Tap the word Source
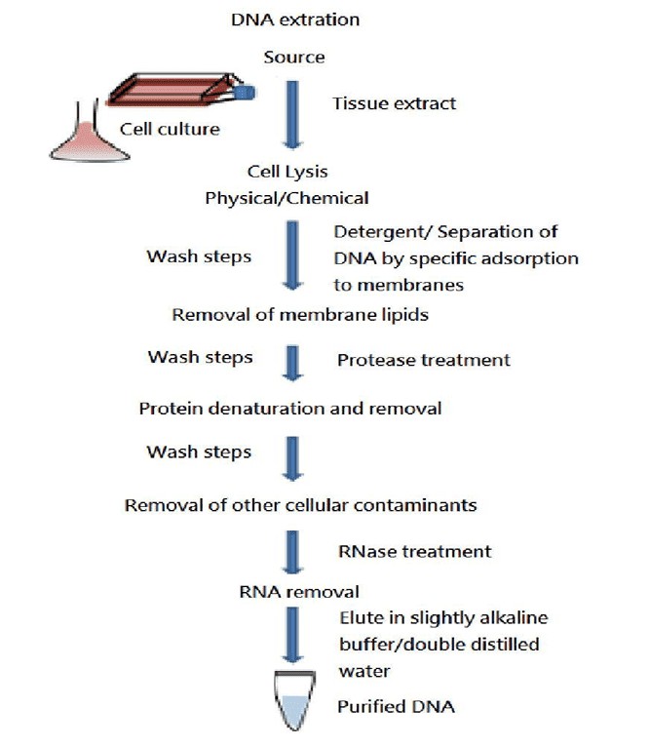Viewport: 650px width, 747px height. click(x=293, y=58)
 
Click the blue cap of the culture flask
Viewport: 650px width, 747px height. click(x=247, y=93)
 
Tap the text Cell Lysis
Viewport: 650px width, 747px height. click(x=287, y=174)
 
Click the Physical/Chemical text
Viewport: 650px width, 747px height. click(x=287, y=199)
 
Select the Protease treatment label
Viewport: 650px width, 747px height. click(x=423, y=360)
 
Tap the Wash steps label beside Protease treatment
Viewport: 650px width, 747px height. click(x=200, y=357)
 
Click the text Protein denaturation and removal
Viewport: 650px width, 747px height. click(x=289, y=408)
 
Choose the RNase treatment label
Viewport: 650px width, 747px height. click(x=414, y=551)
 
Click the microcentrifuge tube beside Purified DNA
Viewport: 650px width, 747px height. click(x=292, y=701)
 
